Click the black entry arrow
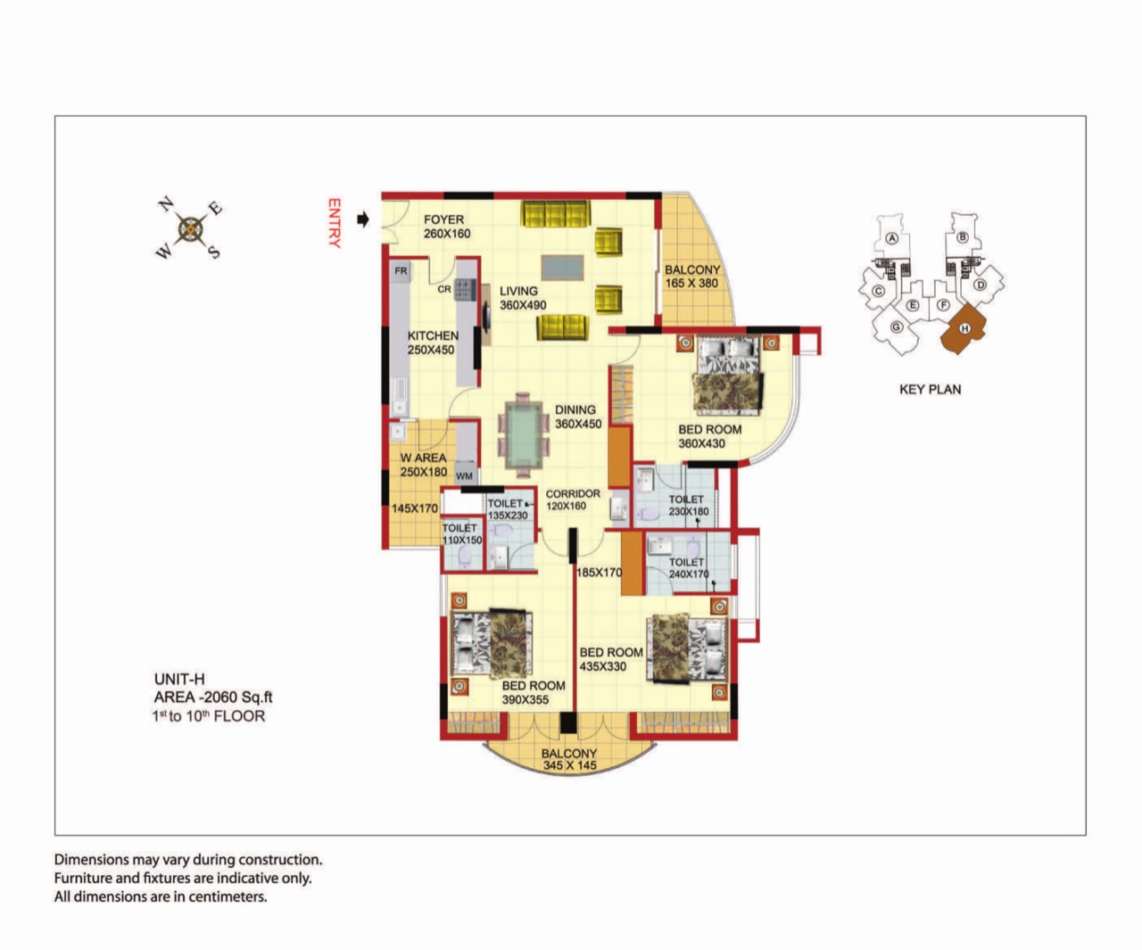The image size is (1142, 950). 362,219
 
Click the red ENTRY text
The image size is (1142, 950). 335,223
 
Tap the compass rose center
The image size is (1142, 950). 190,229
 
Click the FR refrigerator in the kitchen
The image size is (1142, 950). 401,271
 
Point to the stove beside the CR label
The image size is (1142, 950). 466,289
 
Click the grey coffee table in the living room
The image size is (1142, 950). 563,268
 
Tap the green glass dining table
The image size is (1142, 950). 524,434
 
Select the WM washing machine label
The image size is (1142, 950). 464,475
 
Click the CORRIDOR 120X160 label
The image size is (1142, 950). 573,500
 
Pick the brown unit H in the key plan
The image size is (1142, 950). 964,328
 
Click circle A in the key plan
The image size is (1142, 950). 892,238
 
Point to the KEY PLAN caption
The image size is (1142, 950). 930,390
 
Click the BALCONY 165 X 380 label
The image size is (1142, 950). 691,277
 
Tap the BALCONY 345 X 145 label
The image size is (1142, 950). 569,760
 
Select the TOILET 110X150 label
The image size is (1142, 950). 461,533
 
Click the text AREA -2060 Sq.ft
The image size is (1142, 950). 212,697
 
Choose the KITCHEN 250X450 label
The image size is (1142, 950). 433,343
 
